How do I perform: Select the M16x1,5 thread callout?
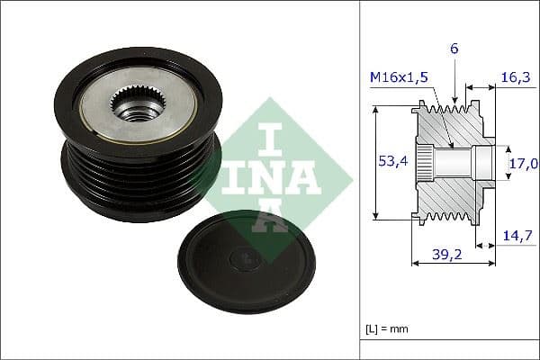tap(398, 78)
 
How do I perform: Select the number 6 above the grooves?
tap(454, 49)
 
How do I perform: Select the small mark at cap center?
tap(245, 260)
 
